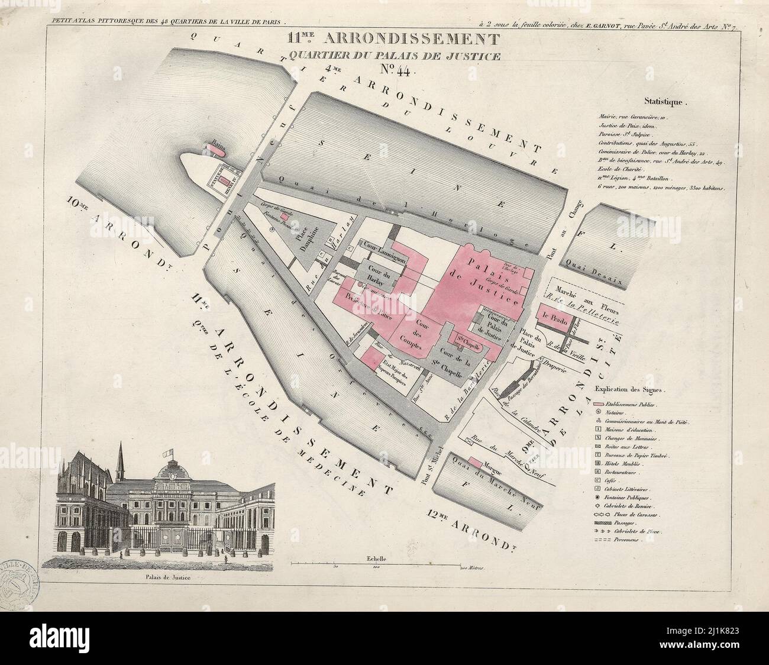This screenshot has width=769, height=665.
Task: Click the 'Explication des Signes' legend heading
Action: point(631,390)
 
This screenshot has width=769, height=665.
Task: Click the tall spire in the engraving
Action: point(121,459)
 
